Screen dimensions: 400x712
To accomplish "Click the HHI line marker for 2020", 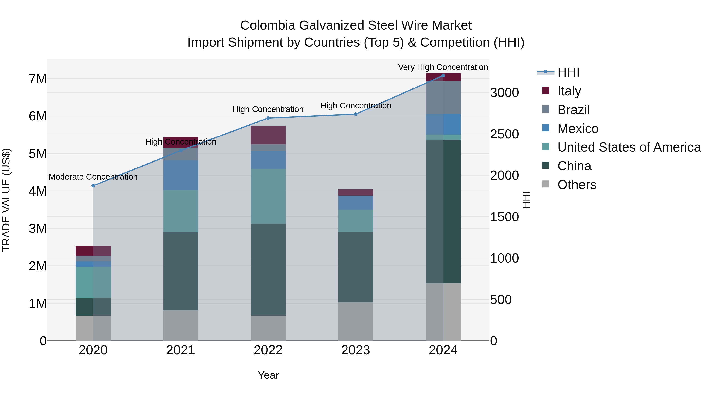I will tap(93, 186).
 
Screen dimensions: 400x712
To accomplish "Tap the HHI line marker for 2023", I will tap(356, 114).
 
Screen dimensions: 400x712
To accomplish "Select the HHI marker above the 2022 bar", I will tap(268, 118).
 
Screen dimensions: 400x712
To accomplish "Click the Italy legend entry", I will tap(569, 91).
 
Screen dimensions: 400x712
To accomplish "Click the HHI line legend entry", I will tap(568, 72).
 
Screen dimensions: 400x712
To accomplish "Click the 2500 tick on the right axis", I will tap(504, 134).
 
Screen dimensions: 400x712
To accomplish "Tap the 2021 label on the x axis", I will tap(181, 350).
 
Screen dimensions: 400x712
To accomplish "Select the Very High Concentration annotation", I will tap(443, 67).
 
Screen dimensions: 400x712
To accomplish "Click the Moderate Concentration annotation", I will tap(93, 177).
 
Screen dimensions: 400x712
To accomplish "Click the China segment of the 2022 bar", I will tap(268, 269).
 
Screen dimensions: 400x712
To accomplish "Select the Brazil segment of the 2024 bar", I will tap(443, 97).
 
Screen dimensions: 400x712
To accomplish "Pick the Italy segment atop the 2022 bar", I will tap(268, 135).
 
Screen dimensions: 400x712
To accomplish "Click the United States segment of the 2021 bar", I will tap(181, 211).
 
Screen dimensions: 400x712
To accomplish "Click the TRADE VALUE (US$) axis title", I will tap(6, 200).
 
